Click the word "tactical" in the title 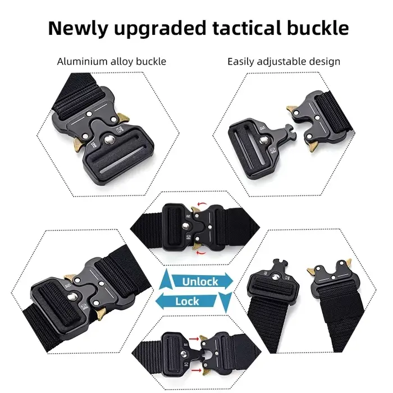(x=247, y=28)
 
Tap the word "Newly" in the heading (x=77, y=29)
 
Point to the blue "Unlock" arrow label (x=200, y=281)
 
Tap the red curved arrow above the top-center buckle (x=202, y=204)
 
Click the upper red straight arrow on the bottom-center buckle (x=194, y=339)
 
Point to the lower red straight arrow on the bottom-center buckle (x=196, y=370)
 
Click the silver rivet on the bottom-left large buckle (x=72, y=296)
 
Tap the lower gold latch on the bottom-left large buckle (x=100, y=314)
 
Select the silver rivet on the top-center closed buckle (x=185, y=227)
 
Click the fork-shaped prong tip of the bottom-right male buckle (x=280, y=264)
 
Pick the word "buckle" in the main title (x=318, y=28)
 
